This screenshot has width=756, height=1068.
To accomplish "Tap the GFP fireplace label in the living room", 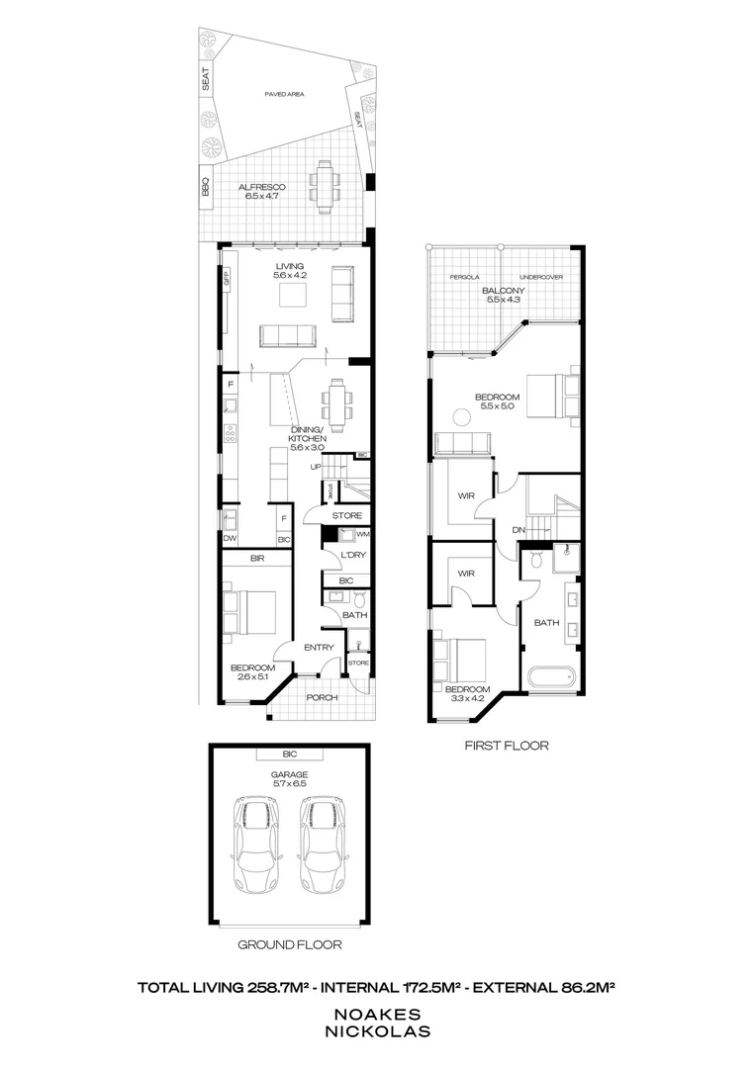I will coord(226,280).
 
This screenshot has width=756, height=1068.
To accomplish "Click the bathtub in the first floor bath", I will coord(550,679).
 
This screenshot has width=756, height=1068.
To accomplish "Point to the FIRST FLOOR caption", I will coord(506,745).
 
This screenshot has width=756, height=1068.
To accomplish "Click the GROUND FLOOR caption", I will coord(289,944).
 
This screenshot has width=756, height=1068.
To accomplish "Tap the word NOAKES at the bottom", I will coord(379,1014).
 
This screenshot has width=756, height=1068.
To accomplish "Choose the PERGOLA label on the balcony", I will coord(464,277).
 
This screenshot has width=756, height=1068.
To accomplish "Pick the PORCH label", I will coord(323,697).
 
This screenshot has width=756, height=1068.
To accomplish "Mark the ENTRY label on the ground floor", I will coord(319,648).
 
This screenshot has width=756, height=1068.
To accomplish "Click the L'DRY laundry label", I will coord(353,556).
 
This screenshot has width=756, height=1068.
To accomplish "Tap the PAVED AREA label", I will coord(284,94).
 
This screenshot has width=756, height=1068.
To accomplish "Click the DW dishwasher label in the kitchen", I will coord(229,539).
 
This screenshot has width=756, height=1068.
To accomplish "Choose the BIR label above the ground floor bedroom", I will coord(257,560).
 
